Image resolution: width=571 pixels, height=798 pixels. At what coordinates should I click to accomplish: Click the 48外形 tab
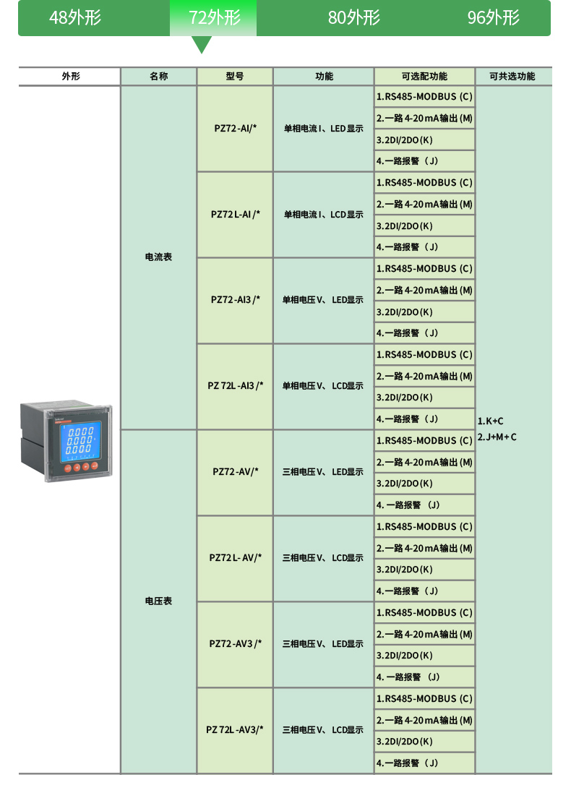tap(75, 17)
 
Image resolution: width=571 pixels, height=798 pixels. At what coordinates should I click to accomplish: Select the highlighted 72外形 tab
tap(214, 17)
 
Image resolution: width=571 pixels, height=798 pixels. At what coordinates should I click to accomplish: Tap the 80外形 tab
tap(353, 17)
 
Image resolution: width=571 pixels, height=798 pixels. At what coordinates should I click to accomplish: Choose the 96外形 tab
tap(493, 17)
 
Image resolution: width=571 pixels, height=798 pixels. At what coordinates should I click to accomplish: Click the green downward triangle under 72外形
tap(202, 45)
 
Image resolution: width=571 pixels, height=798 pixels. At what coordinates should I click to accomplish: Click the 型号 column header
tap(235, 76)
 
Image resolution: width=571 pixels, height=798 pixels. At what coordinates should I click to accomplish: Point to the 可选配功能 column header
tap(424, 76)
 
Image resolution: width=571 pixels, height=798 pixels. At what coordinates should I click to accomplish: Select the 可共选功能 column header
tap(512, 76)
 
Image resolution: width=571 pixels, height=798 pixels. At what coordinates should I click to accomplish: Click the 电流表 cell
tap(159, 257)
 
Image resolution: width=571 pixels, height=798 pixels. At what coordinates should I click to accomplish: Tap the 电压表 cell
tap(159, 601)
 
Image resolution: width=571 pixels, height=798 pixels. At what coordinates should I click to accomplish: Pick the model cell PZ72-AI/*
tap(236, 129)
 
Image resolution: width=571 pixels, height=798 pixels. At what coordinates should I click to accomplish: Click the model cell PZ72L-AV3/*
tap(235, 730)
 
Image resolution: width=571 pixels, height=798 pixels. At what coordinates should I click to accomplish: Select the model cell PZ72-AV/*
tap(236, 472)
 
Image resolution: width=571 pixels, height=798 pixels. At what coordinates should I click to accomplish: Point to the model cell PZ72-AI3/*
tap(236, 300)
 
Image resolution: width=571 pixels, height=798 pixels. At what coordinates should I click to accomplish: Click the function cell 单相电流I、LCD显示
tap(323, 215)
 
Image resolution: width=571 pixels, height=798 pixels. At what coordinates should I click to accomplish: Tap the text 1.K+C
tap(491, 421)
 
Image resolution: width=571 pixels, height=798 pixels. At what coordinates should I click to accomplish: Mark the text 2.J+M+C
tap(497, 437)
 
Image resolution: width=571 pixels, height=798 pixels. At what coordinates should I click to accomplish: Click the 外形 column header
tap(70, 76)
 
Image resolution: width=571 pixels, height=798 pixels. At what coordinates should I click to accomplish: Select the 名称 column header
tap(159, 76)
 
